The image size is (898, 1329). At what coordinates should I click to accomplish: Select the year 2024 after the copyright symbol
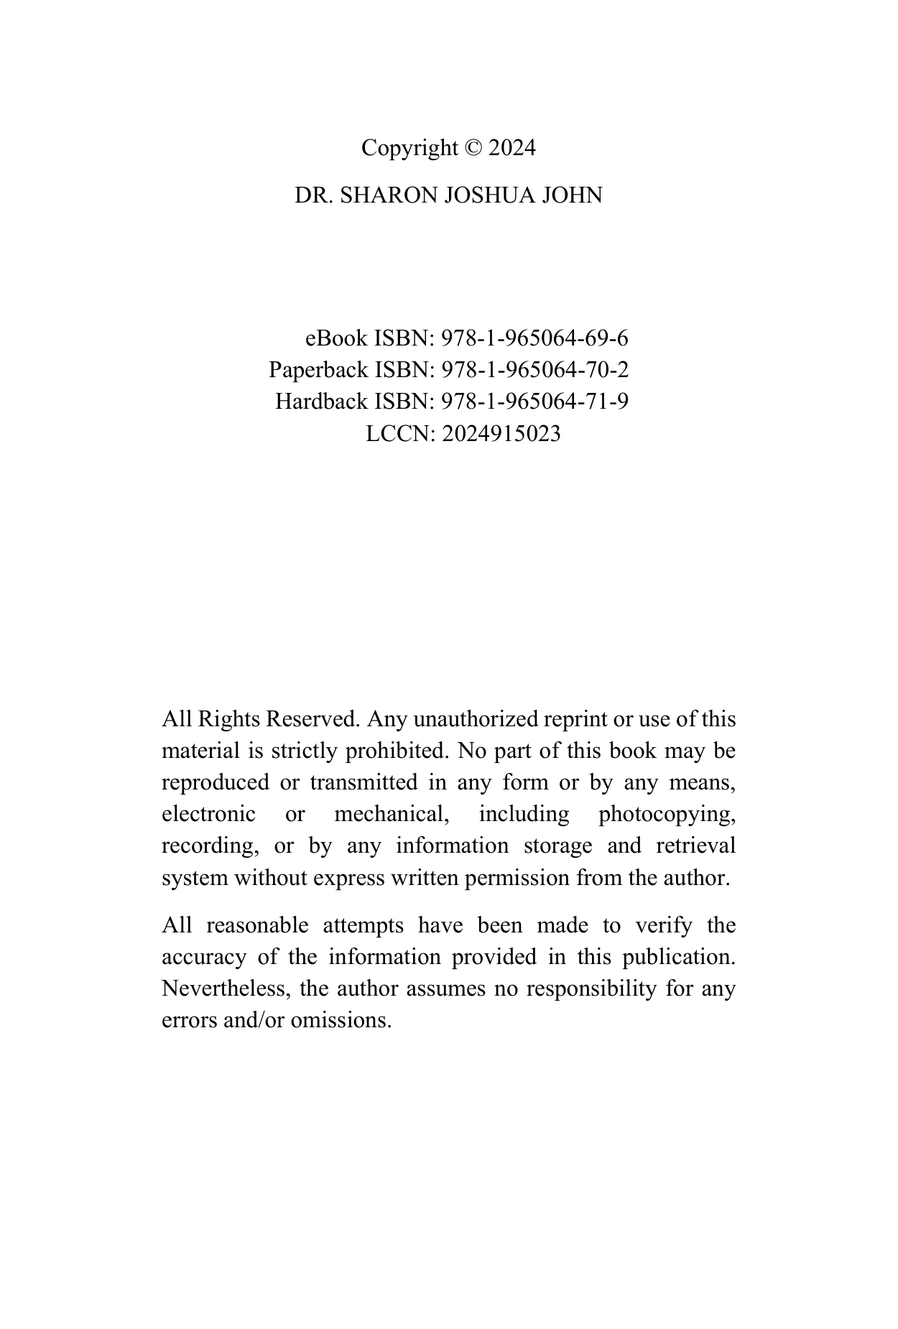coord(512,148)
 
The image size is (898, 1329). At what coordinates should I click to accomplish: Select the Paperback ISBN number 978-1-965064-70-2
coord(534,370)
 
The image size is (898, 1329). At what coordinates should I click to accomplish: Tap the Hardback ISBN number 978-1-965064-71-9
coord(534,402)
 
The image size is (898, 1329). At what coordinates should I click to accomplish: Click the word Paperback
coord(318,370)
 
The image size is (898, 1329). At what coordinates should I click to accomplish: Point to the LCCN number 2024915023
coord(501,434)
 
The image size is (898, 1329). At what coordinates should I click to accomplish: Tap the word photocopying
coord(667,815)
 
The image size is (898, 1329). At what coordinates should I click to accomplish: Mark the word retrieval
coord(695,846)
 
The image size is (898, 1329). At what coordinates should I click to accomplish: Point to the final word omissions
coord(341,1021)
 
